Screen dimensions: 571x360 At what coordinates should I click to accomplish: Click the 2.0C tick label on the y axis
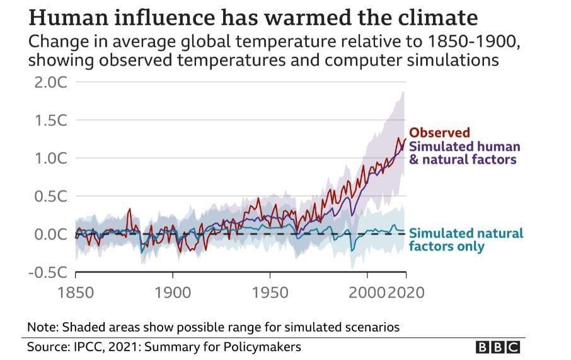pos(51,83)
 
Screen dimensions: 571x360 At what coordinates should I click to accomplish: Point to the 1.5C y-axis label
pos(51,120)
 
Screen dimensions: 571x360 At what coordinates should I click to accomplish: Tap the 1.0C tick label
pos(51,158)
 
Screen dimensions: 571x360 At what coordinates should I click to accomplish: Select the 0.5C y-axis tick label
pos(51,197)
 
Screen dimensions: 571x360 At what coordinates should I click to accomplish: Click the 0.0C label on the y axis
pos(51,235)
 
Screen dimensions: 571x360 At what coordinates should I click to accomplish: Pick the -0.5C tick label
pos(48,272)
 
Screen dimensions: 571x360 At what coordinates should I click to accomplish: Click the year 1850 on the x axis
pos(76,293)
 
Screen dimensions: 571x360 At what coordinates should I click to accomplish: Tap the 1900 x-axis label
pos(173,293)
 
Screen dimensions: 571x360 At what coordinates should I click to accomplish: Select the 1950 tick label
pos(270,293)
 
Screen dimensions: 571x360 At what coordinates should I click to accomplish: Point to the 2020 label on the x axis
pos(406,293)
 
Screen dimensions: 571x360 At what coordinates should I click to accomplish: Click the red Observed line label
pos(439,132)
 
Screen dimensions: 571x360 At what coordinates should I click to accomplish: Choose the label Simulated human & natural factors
pos(464,153)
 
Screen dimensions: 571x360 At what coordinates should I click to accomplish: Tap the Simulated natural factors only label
pos(466,240)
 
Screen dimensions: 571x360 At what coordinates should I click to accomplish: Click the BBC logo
pos(498,347)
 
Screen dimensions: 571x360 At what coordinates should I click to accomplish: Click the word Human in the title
pos(69,18)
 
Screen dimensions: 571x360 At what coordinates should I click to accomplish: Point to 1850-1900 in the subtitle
pos(471,42)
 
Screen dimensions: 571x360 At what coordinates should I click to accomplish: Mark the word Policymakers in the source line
pos(262,347)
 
